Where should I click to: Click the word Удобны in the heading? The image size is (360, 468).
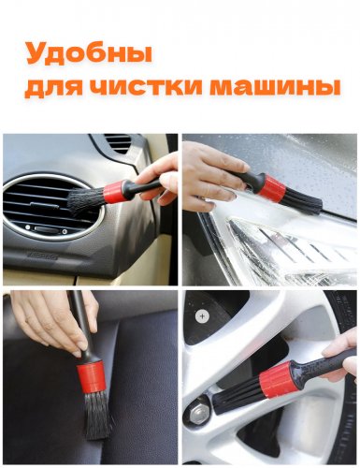coord(89,54)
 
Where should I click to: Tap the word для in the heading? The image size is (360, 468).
coord(53,87)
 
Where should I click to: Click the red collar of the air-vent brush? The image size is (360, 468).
coord(113,192)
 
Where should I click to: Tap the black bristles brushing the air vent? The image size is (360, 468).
coord(86,201)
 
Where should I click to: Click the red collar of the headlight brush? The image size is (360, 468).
coord(273,188)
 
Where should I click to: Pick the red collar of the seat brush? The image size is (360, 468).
coord(91,377)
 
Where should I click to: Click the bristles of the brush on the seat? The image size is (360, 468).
coord(98,414)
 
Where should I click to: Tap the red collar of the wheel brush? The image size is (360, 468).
coord(277,380)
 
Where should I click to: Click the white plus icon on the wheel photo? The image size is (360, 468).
coord(202,316)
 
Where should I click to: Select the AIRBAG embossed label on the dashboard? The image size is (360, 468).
coord(42,256)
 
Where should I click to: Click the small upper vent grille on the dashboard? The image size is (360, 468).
coord(119,143)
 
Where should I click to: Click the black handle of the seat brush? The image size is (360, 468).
coord(80,326)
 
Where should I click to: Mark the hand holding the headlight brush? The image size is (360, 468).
coord(212,176)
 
